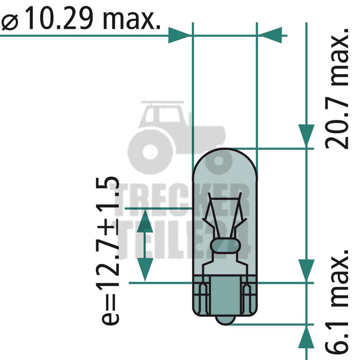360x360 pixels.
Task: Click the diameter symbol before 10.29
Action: pyautogui.click(x=10, y=23)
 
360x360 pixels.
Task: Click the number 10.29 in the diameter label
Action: pyautogui.click(x=61, y=18)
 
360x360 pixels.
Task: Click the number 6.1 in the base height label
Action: pyautogui.click(x=337, y=339)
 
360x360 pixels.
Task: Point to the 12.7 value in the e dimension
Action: pyautogui.click(x=108, y=265)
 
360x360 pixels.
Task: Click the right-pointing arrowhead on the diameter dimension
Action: pyautogui.click(x=179, y=36)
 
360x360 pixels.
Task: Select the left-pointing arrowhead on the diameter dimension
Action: pyautogui.click(x=271, y=36)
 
